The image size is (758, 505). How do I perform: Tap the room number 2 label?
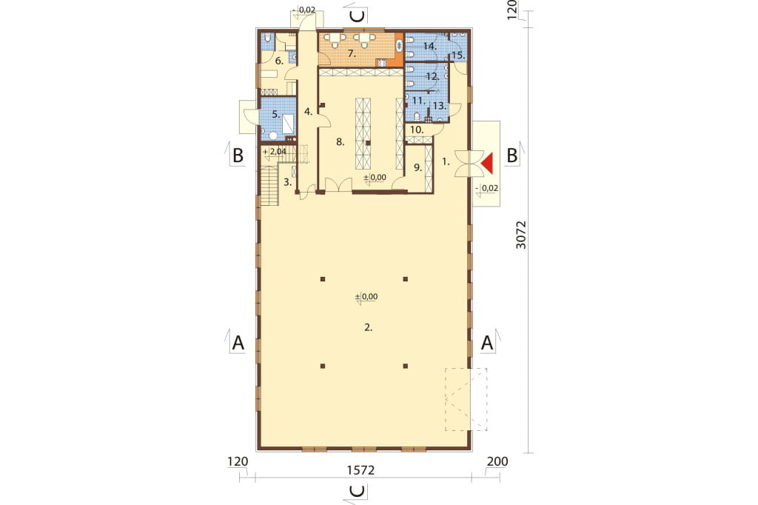coord(369,327)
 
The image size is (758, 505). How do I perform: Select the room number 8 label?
coord(341,141)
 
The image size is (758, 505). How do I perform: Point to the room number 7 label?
coord(352,54)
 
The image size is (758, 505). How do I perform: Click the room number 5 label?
coord(275,115)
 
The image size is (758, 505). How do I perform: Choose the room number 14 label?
coord(430,47)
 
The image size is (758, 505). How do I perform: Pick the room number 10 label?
coord(417,130)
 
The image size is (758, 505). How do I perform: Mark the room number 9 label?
coord(418,168)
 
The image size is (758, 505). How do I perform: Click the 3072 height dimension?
coord(520,235)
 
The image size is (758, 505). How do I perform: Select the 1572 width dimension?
coord(360,470)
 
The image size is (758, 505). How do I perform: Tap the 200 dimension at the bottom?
coord(497,461)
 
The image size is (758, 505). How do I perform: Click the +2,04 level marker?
coord(275,151)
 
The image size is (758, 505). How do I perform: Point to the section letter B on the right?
coord(512,155)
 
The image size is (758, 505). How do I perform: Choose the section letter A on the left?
coord(238,343)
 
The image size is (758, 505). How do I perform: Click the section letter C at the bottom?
coord(358,492)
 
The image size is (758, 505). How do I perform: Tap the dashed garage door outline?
coord(466,400)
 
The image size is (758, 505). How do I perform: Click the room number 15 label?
coord(457,55)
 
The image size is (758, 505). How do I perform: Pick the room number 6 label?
coord(279,61)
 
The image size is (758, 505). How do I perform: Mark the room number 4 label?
coord(309,112)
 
